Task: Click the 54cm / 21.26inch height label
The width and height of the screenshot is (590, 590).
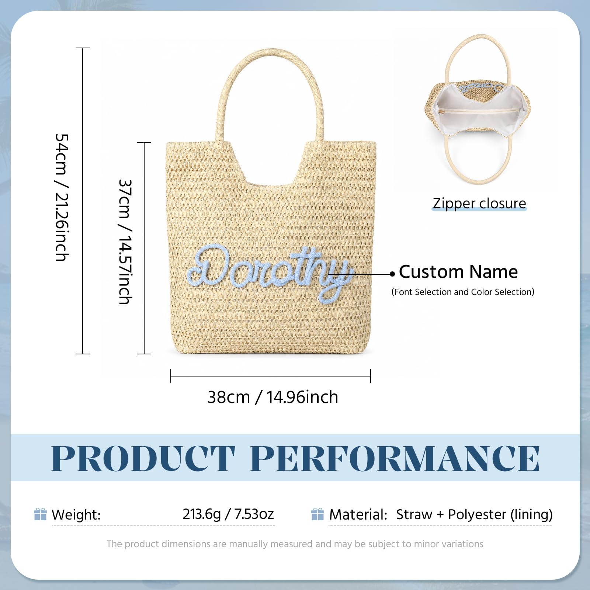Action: coord(62,197)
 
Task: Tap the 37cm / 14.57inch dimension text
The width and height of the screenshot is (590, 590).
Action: coord(125,242)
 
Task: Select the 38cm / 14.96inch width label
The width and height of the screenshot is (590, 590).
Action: coord(273,397)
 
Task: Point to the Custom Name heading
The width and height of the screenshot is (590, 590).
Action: coord(458,272)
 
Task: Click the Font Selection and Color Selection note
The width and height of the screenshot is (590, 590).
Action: coord(463,292)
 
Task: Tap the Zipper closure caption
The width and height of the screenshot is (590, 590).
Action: coord(479,203)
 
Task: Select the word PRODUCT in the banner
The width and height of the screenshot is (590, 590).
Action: coord(143,458)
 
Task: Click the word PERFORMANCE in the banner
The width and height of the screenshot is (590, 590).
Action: coord(395,458)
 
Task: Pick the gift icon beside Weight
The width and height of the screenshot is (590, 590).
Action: coord(40,514)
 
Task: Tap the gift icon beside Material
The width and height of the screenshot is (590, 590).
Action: coord(317,514)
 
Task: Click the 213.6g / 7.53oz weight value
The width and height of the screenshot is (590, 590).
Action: coord(228,514)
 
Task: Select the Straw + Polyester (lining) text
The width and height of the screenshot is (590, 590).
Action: coord(475,514)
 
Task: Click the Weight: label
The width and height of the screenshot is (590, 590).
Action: coord(76,515)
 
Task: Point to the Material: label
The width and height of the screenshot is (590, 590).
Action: coord(358,514)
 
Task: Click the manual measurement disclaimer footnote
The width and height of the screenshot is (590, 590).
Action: coord(295,544)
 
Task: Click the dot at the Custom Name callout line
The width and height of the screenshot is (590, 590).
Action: coord(392,274)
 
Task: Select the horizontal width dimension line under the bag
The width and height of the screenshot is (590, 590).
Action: coord(271,376)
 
